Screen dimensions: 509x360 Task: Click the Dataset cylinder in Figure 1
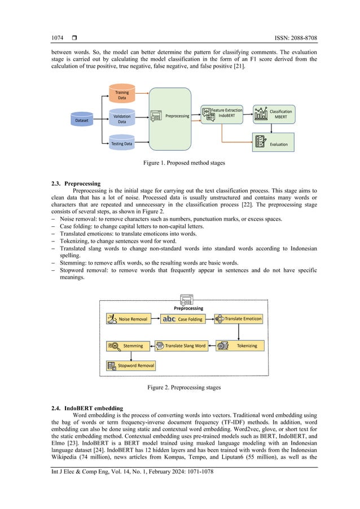(x=82, y=120)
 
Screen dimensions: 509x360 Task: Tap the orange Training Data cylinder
(x=122, y=95)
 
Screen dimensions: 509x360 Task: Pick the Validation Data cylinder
(x=122, y=119)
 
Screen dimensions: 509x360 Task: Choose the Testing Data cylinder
(x=122, y=143)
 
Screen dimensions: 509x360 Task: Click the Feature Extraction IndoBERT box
(x=223, y=113)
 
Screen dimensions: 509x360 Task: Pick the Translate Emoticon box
(x=239, y=319)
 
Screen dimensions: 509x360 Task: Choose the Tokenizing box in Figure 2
(x=239, y=345)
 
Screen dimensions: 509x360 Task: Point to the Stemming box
(x=129, y=345)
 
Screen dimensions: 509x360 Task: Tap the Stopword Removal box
(x=131, y=365)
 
